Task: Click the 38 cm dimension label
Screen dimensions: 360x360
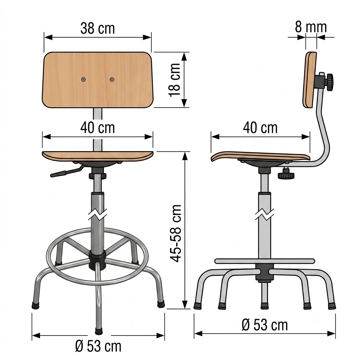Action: pos(98,28)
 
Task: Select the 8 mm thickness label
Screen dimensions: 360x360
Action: pos(311,27)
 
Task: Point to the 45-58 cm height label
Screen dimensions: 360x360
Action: pos(176,233)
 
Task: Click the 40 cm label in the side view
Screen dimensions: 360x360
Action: pos(261,128)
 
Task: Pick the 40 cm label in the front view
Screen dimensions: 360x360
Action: pos(98,128)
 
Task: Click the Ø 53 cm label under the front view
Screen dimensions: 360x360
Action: pos(98,346)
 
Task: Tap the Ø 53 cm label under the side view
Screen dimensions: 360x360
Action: pos(265,325)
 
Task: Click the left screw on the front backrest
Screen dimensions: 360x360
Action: pos(83,80)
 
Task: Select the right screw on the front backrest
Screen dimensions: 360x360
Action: pos(112,80)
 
